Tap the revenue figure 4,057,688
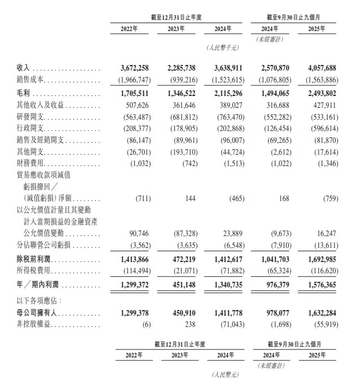point(322,68)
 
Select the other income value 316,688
point(274,105)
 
